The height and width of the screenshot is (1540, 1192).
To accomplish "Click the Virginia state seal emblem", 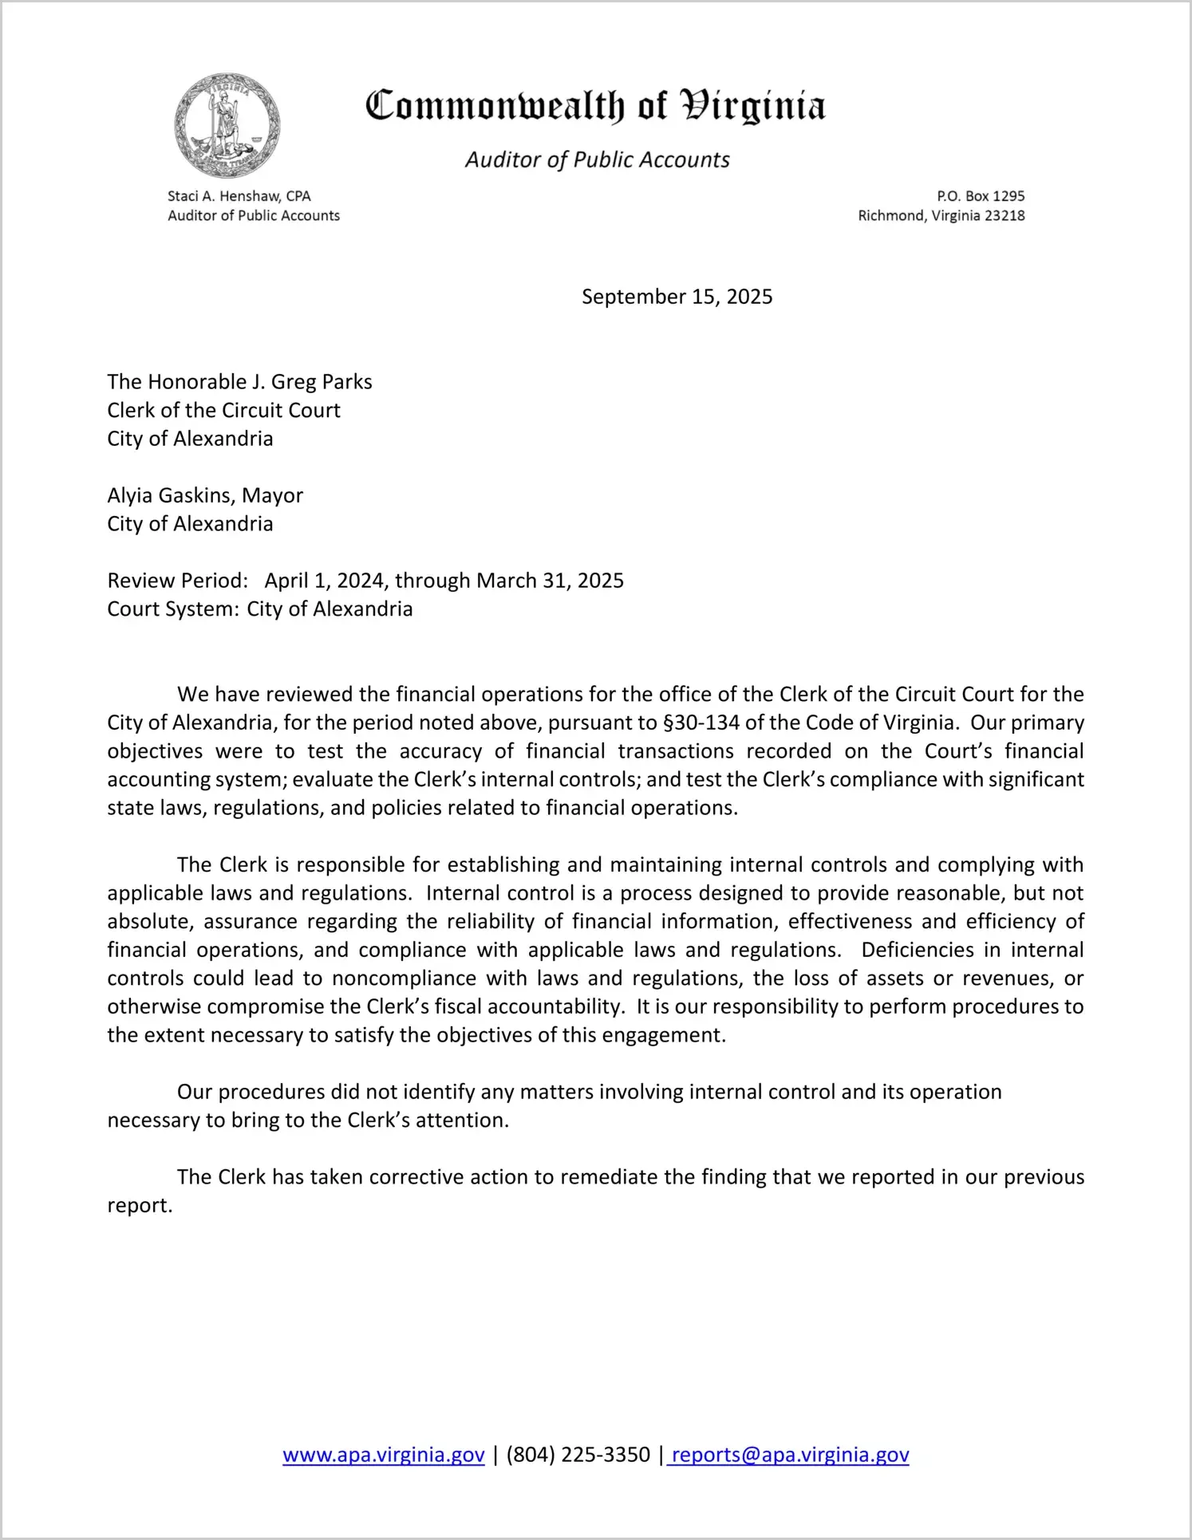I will click(227, 125).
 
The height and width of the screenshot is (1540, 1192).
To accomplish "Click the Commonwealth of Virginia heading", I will click(595, 106).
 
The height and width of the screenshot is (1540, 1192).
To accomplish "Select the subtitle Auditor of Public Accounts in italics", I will click(597, 160).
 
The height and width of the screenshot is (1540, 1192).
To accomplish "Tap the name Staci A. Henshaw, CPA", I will click(239, 196).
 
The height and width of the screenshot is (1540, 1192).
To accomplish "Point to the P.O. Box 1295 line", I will click(980, 196).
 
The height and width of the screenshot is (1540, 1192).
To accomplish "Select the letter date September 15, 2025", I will click(677, 297).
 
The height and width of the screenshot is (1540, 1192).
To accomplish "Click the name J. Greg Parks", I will click(312, 382).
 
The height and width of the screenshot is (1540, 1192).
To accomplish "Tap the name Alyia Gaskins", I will click(171, 495).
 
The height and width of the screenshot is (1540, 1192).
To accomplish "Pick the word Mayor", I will click(272, 495).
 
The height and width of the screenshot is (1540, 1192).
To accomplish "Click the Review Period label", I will click(177, 581).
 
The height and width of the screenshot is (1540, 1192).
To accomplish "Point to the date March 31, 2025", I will click(550, 581).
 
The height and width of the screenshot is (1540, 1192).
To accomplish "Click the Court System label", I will click(172, 609).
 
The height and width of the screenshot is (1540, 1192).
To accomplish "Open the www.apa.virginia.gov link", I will click(384, 1455).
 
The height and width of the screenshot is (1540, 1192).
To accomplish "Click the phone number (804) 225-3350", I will click(578, 1455).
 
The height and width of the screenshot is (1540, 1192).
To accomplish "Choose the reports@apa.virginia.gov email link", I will click(790, 1455).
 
